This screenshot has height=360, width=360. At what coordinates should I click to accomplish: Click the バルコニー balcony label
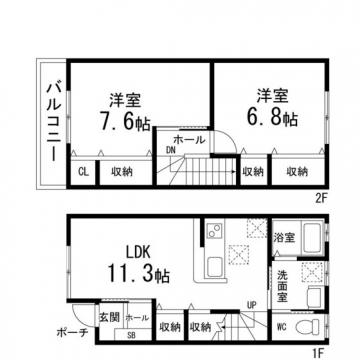pyautogui.click(x=53, y=122)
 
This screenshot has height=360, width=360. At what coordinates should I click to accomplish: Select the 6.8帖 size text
pyautogui.click(x=272, y=117)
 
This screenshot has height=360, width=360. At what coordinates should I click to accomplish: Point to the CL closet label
pyautogui.click(x=83, y=172)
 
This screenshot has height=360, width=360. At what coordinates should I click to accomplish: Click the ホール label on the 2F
pyautogui.click(x=189, y=140)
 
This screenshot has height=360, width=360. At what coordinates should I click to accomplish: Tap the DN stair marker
pyautogui.click(x=171, y=150)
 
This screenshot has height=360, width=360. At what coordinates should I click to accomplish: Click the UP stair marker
pyautogui.click(x=251, y=304)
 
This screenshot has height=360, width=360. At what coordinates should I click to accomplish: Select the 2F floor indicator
pyautogui.click(x=322, y=198)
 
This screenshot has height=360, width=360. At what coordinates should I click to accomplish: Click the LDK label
pyautogui.click(x=138, y=252)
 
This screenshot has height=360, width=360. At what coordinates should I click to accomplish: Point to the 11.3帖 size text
pyautogui.click(x=138, y=274)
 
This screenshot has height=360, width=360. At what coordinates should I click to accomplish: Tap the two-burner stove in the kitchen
pyautogui.click(x=214, y=230)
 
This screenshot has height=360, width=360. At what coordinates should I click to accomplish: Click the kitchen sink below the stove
pyautogui.click(x=215, y=266)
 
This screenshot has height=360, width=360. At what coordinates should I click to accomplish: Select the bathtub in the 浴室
pyautogui.click(x=313, y=238)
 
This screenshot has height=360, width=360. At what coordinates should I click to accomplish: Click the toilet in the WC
pyautogui.click(x=308, y=327)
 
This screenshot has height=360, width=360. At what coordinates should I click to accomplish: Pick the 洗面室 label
pyautogui.click(x=283, y=286)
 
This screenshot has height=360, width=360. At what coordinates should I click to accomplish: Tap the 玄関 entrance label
pyautogui.click(x=109, y=317)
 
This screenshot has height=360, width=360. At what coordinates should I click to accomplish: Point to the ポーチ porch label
pyautogui.click(x=72, y=332)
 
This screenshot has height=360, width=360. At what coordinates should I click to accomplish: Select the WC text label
pyautogui.click(x=282, y=327)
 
